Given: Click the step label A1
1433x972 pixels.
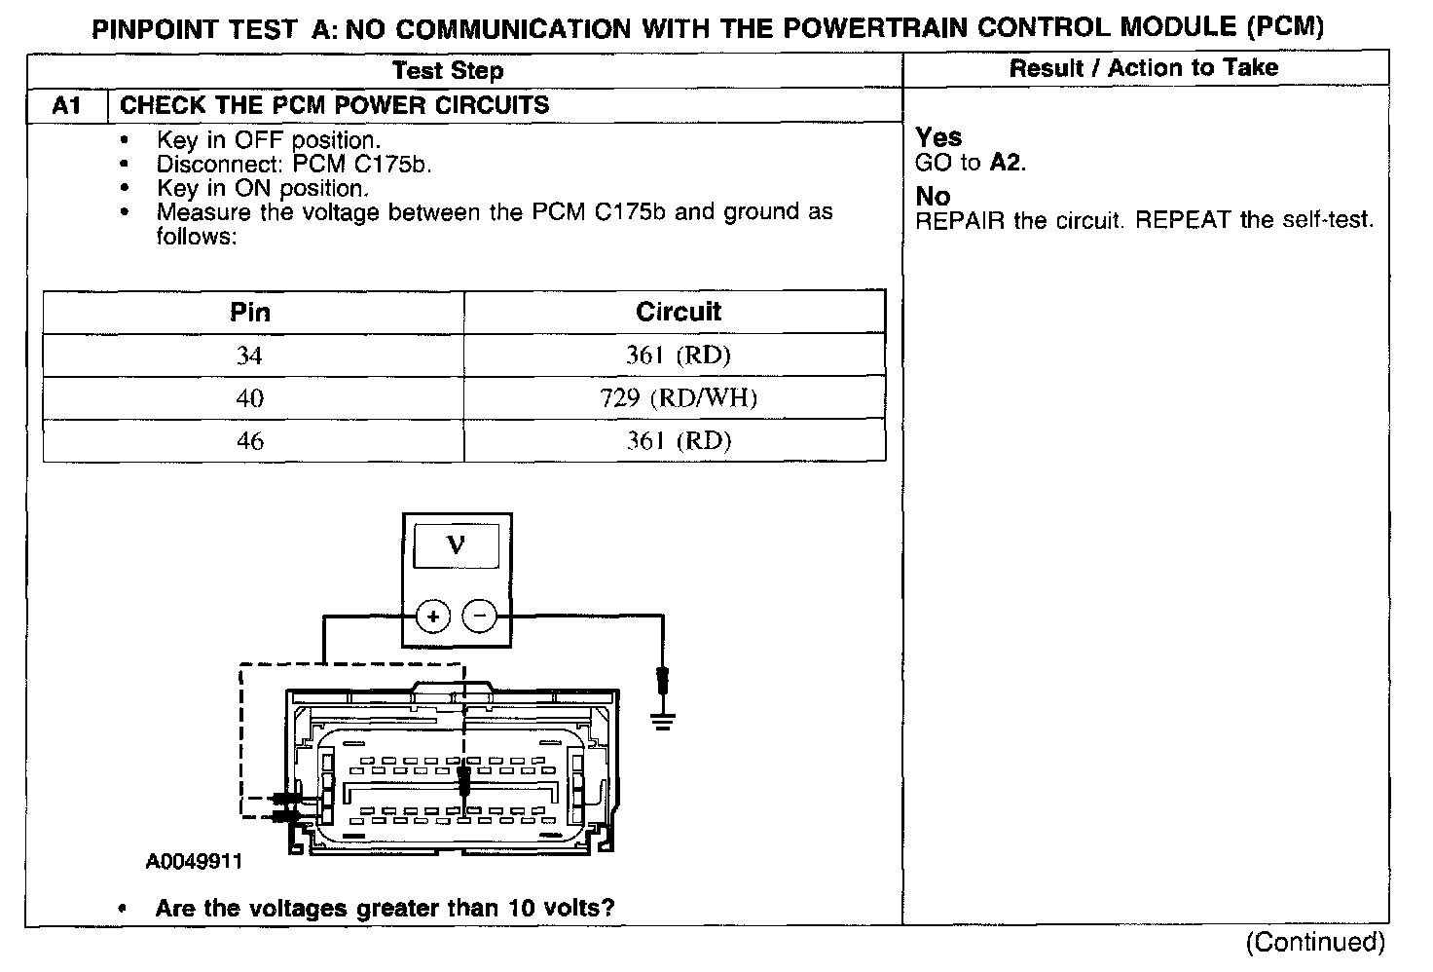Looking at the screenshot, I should pos(65,106).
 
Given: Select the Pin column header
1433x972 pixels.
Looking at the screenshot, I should pos(250,313).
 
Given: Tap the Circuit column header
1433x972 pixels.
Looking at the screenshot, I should pos(678,313).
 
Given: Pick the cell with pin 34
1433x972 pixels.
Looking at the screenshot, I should pos(250,355).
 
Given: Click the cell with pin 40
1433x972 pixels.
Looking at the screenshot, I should pos(250,398).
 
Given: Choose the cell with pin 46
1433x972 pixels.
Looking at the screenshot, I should pos(250,441).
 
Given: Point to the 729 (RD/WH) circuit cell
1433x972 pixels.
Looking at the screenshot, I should pos(678,398).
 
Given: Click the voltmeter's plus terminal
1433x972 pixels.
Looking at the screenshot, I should pos(433,616).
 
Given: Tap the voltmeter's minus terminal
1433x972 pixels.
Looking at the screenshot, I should pos(478,616).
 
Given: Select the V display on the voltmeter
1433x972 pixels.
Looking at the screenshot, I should pos(456,545).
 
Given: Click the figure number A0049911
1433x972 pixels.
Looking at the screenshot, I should pos(194,862).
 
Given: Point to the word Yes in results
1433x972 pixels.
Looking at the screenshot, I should pos(938,137).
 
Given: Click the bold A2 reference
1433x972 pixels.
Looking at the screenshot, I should pos(1007,163).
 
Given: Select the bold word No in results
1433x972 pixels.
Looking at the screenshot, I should pos(933,197).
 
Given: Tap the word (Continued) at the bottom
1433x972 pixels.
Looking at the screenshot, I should pos(1314,942).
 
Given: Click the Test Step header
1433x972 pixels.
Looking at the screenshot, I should pos(448,70).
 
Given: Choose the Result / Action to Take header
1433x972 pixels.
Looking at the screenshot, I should pos(1143,67).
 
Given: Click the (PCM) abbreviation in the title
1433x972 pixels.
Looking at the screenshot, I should pos(1285,26).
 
